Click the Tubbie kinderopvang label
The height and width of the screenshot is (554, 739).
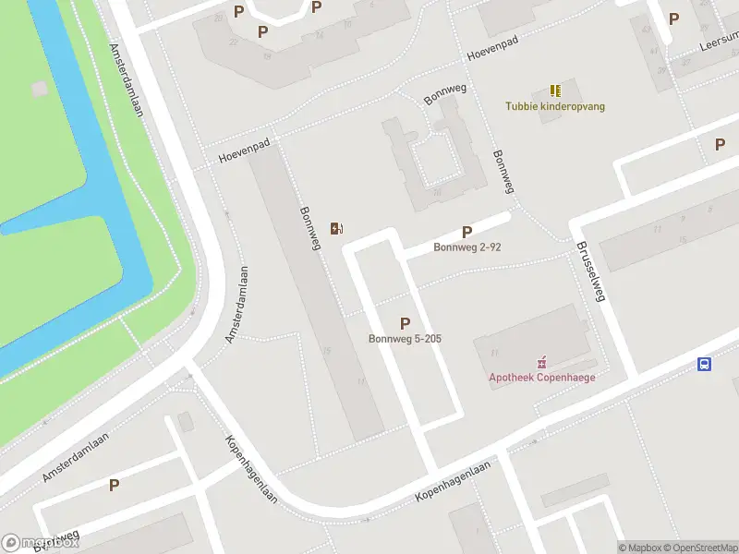tap(555, 106)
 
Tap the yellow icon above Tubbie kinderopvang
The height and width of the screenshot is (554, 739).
tap(555, 90)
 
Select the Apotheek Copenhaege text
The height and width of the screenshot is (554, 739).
tap(542, 377)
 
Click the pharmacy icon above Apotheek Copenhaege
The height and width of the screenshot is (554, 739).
tap(542, 361)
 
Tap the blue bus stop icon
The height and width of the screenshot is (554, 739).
tap(704, 365)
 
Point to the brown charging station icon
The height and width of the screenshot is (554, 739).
tap(337, 228)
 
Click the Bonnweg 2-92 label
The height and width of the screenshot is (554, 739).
tap(467, 247)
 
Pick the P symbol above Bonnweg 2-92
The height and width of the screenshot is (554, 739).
tap(466, 233)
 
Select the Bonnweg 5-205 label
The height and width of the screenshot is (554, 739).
tap(405, 339)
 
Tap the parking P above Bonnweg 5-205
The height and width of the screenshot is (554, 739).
tap(405, 323)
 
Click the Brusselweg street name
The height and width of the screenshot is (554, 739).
tap(589, 272)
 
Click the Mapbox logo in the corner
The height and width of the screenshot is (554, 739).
tap(39, 543)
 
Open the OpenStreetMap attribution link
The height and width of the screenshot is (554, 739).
tap(701, 548)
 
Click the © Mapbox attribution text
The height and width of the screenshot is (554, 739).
tap(640, 548)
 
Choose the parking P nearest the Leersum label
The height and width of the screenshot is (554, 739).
tap(673, 18)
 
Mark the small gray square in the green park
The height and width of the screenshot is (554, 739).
tap(39, 89)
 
